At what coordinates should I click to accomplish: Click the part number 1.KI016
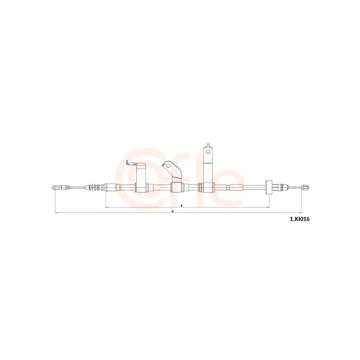300,219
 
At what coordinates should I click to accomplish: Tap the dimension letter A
173,211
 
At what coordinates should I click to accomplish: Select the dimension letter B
181,205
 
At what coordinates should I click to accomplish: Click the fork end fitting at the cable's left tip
61,187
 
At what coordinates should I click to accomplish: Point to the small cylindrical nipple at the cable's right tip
306,187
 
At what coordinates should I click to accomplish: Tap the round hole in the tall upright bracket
208,151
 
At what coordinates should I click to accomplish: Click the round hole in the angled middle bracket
168,166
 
